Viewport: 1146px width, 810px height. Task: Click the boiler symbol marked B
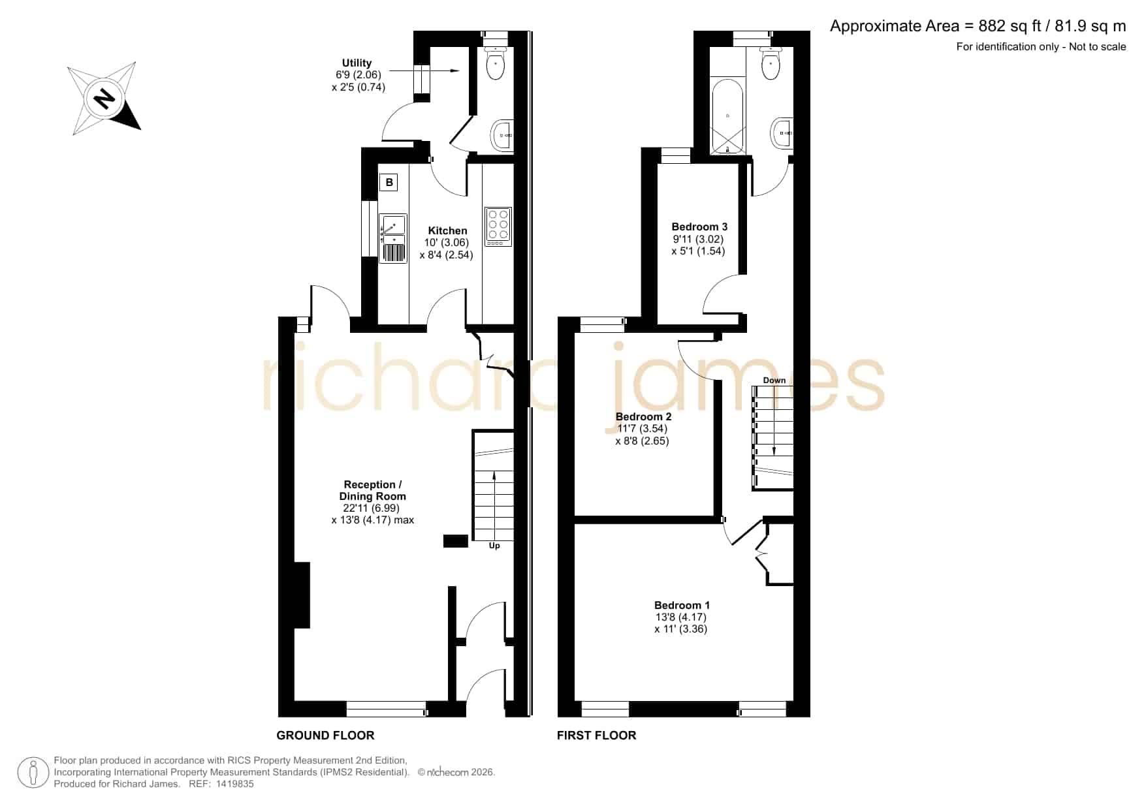pyautogui.click(x=389, y=182)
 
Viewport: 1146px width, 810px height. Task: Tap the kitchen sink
pyautogui.click(x=392, y=238)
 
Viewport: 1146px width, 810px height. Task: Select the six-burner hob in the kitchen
pyautogui.click(x=498, y=226)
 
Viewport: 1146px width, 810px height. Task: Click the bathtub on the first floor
pyautogui.click(x=727, y=117)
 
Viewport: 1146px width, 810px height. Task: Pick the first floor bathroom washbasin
pyautogui.click(x=782, y=133)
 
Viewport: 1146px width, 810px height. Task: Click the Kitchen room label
pyautogui.click(x=447, y=230)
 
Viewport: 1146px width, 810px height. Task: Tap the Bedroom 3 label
pyautogui.click(x=699, y=226)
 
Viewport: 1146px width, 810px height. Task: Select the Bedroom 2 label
pyautogui.click(x=643, y=416)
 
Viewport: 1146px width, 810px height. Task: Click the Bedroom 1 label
pyautogui.click(x=682, y=605)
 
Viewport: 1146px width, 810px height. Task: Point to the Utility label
pyautogui.click(x=357, y=63)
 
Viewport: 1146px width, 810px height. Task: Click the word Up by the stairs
pyautogui.click(x=494, y=546)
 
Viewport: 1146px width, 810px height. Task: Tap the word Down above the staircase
pyautogui.click(x=774, y=380)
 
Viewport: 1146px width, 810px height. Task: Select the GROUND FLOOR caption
pyautogui.click(x=325, y=736)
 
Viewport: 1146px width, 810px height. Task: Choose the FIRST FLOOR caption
pyautogui.click(x=596, y=736)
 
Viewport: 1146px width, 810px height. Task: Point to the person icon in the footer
pyautogui.click(x=33, y=773)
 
